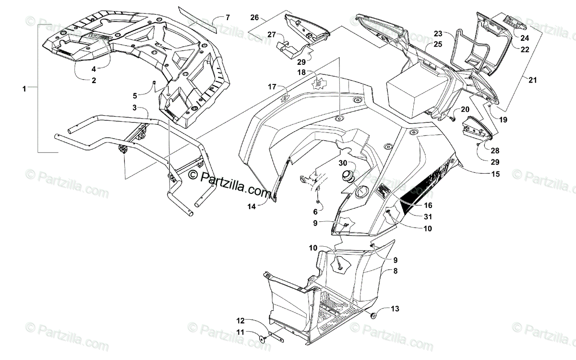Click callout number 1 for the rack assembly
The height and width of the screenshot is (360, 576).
24,88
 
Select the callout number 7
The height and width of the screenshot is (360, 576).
227,18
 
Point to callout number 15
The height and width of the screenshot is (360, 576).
495,174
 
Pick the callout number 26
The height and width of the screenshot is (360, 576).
254,18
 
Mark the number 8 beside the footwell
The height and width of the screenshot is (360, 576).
395,271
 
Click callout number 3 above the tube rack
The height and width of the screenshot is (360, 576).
135,107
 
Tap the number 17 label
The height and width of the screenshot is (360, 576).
272,87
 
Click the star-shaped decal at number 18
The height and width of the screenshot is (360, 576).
317,84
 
